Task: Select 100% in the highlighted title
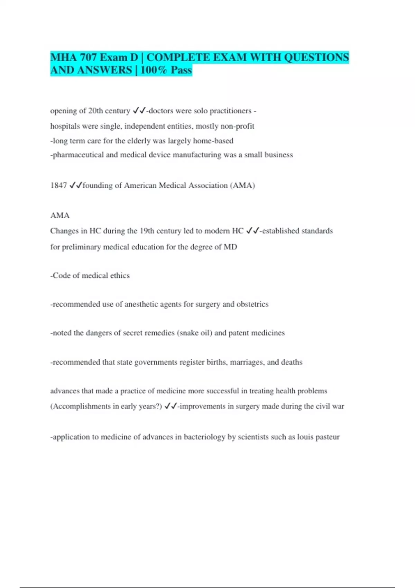pyautogui.click(x=154, y=70)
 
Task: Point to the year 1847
pyautogui.click(x=58, y=186)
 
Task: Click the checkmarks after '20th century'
pyautogui.click(x=139, y=111)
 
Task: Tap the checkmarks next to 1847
pyautogui.click(x=75, y=186)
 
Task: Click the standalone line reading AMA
pyautogui.click(x=60, y=216)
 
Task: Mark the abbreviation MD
pyautogui.click(x=230, y=247)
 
